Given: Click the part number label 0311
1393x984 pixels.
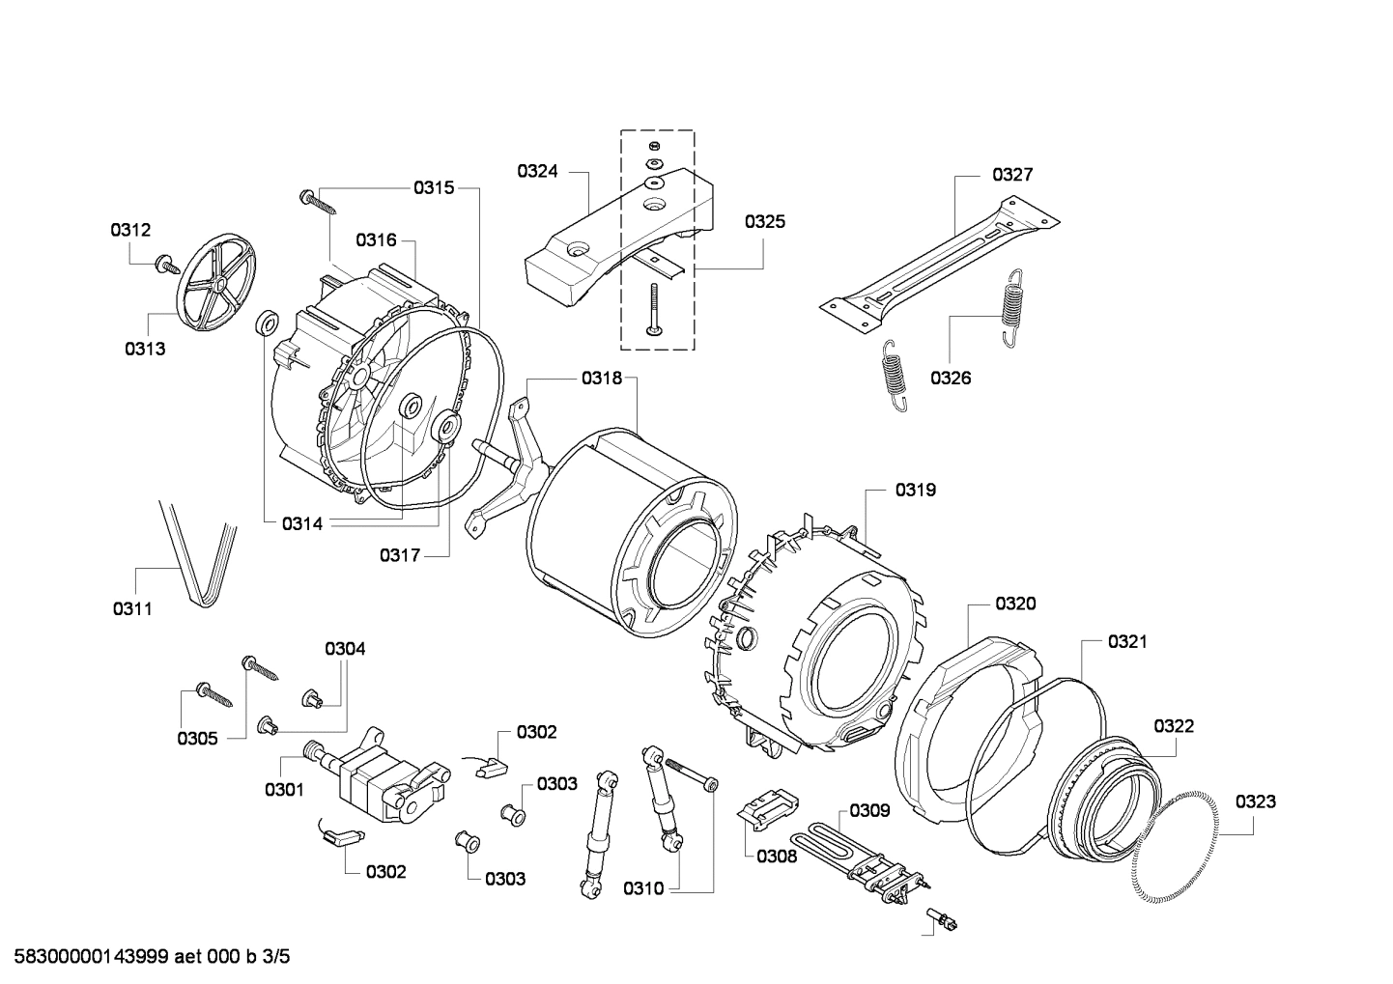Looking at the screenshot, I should click(132, 609).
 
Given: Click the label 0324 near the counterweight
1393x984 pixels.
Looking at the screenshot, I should click(537, 172).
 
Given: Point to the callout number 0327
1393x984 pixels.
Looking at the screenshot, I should click(1012, 175).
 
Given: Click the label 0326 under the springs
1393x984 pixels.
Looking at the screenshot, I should click(951, 378).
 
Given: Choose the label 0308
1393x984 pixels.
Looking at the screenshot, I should click(777, 856).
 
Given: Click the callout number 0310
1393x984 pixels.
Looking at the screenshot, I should click(643, 888).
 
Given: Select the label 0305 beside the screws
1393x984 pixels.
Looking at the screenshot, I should click(197, 739).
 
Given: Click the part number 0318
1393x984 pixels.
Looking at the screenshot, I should click(602, 379).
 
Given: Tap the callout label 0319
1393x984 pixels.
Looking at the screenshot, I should click(915, 491).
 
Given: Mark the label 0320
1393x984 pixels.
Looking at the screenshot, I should click(1015, 604).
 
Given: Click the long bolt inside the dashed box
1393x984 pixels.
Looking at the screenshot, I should click(655, 309).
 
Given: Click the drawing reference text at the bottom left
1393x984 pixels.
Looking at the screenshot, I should click(146, 957).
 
